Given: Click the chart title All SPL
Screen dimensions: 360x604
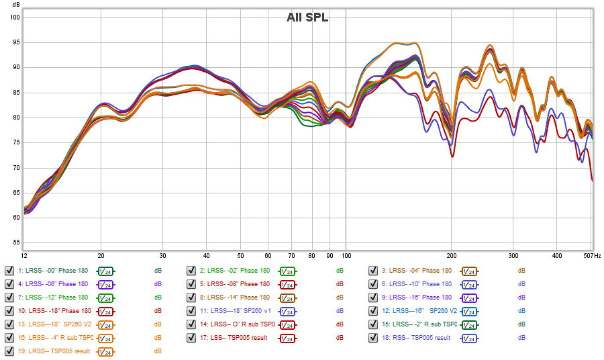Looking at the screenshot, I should point(307,17).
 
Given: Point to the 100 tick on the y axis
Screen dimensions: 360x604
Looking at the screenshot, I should point(15,17).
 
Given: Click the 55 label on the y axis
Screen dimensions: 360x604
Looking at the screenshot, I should point(15,242).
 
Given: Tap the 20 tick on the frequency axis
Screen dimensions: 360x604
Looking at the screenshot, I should point(101,256).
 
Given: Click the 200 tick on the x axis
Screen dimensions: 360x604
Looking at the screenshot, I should point(452,256).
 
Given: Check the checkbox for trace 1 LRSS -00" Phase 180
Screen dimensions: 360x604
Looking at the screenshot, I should point(9,271).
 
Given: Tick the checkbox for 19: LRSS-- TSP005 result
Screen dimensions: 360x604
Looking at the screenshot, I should point(9,351).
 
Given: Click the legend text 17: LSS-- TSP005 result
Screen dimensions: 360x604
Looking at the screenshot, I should point(238,338).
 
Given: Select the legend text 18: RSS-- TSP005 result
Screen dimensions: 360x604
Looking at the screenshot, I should point(420,338).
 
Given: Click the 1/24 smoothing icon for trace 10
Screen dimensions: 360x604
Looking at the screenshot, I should point(105,311).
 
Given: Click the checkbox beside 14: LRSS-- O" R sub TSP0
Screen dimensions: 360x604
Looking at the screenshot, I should point(191,324).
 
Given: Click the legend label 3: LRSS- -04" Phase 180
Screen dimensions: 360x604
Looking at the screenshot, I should point(421,271).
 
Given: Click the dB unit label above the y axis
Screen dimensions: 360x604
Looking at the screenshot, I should point(15,5).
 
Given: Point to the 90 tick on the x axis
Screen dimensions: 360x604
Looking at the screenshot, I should point(330,256).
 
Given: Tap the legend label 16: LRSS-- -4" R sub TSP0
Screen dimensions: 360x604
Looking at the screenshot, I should point(56,338).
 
